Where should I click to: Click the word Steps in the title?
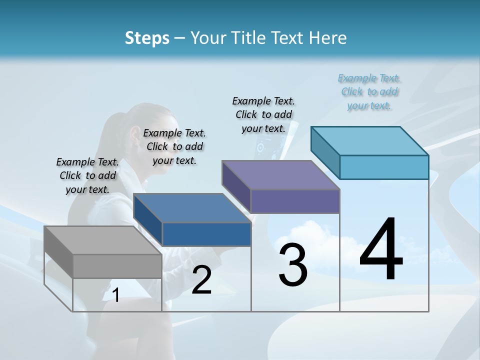click(147, 38)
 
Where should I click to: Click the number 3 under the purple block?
click(293, 265)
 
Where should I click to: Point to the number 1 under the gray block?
click(116, 295)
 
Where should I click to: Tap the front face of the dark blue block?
click(206, 234)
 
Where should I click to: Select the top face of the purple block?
click(280, 175)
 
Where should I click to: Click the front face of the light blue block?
click(384, 167)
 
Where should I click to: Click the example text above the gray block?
click(87, 175)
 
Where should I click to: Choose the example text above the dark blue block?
click(174, 146)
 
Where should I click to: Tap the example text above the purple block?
click(263, 114)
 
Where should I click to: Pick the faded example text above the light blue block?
click(369, 91)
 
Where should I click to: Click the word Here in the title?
click(328, 38)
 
